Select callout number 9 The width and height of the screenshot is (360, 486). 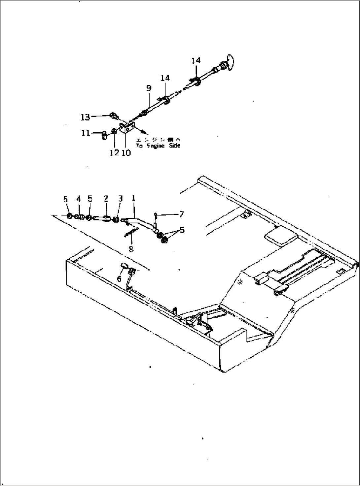149,88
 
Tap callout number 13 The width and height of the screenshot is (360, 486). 85,117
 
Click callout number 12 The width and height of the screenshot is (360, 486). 114,152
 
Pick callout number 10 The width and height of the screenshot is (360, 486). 126,152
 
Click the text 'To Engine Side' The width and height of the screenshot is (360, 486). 158,146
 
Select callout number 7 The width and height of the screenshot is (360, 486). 181,214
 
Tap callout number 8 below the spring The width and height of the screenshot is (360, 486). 131,249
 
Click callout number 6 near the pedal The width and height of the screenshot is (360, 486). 119,279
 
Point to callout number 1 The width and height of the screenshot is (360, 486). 133,198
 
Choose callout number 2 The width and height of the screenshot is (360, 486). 106,198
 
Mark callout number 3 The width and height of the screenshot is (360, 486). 120,198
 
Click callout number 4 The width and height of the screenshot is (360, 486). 78,198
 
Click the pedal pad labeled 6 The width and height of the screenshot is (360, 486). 125,265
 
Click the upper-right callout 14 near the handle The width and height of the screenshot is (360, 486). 196,61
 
